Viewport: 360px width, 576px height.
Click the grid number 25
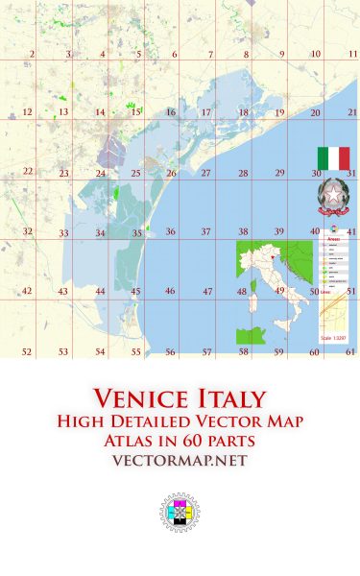coord(136,174)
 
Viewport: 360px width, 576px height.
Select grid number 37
coord(205,232)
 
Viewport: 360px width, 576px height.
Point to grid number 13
coord(62,113)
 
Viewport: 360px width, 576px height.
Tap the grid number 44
coord(100,291)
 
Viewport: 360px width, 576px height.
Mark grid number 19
coord(279,113)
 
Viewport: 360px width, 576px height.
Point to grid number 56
coord(170,352)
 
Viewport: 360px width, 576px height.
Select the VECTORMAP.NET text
coord(180,461)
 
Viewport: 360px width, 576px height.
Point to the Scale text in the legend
coord(330,339)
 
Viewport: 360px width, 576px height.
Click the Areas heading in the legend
coord(331,239)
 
